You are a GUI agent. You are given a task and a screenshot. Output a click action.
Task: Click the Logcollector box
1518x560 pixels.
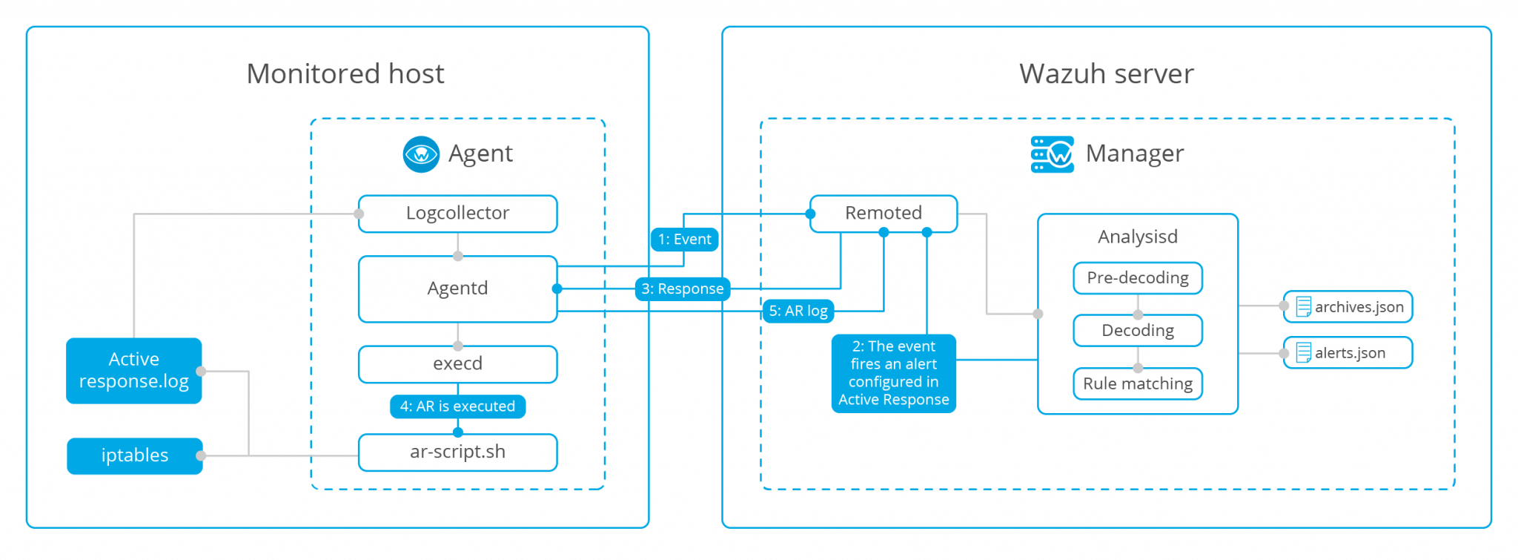point(457,214)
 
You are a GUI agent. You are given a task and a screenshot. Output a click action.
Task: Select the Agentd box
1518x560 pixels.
point(457,289)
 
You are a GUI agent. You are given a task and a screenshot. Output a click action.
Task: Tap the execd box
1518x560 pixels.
point(457,363)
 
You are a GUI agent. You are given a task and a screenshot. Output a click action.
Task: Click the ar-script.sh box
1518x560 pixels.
point(457,452)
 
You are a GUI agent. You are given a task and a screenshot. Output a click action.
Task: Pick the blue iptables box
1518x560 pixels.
point(134,455)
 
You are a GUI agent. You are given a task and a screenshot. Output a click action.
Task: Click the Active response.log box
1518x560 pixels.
point(133,370)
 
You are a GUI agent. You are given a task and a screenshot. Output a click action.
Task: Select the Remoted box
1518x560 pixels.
point(883,214)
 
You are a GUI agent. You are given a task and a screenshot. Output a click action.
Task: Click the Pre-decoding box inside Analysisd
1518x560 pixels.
point(1137,278)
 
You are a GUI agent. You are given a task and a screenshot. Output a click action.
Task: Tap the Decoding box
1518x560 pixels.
point(1137,331)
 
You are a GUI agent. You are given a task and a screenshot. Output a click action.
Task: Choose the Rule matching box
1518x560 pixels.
point(1137,384)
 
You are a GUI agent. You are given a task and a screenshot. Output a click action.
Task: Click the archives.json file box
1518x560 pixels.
point(1348,307)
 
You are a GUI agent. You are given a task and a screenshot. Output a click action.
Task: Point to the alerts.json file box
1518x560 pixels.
point(1348,353)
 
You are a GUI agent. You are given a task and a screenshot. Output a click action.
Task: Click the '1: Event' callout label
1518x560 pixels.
point(684,240)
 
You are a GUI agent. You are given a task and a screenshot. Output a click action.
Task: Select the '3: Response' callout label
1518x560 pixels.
point(682,289)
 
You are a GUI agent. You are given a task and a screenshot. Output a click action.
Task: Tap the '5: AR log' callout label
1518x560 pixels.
point(798,311)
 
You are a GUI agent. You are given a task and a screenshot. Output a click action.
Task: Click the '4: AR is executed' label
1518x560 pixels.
point(457,406)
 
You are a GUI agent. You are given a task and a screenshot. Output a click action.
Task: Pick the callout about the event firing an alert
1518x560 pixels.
point(893,373)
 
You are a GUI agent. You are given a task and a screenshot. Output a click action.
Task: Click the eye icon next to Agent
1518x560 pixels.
point(421,154)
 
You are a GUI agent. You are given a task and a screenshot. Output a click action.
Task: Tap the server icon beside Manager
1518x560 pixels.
point(1052,154)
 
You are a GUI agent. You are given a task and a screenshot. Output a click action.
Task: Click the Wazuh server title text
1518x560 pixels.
point(1106,74)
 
